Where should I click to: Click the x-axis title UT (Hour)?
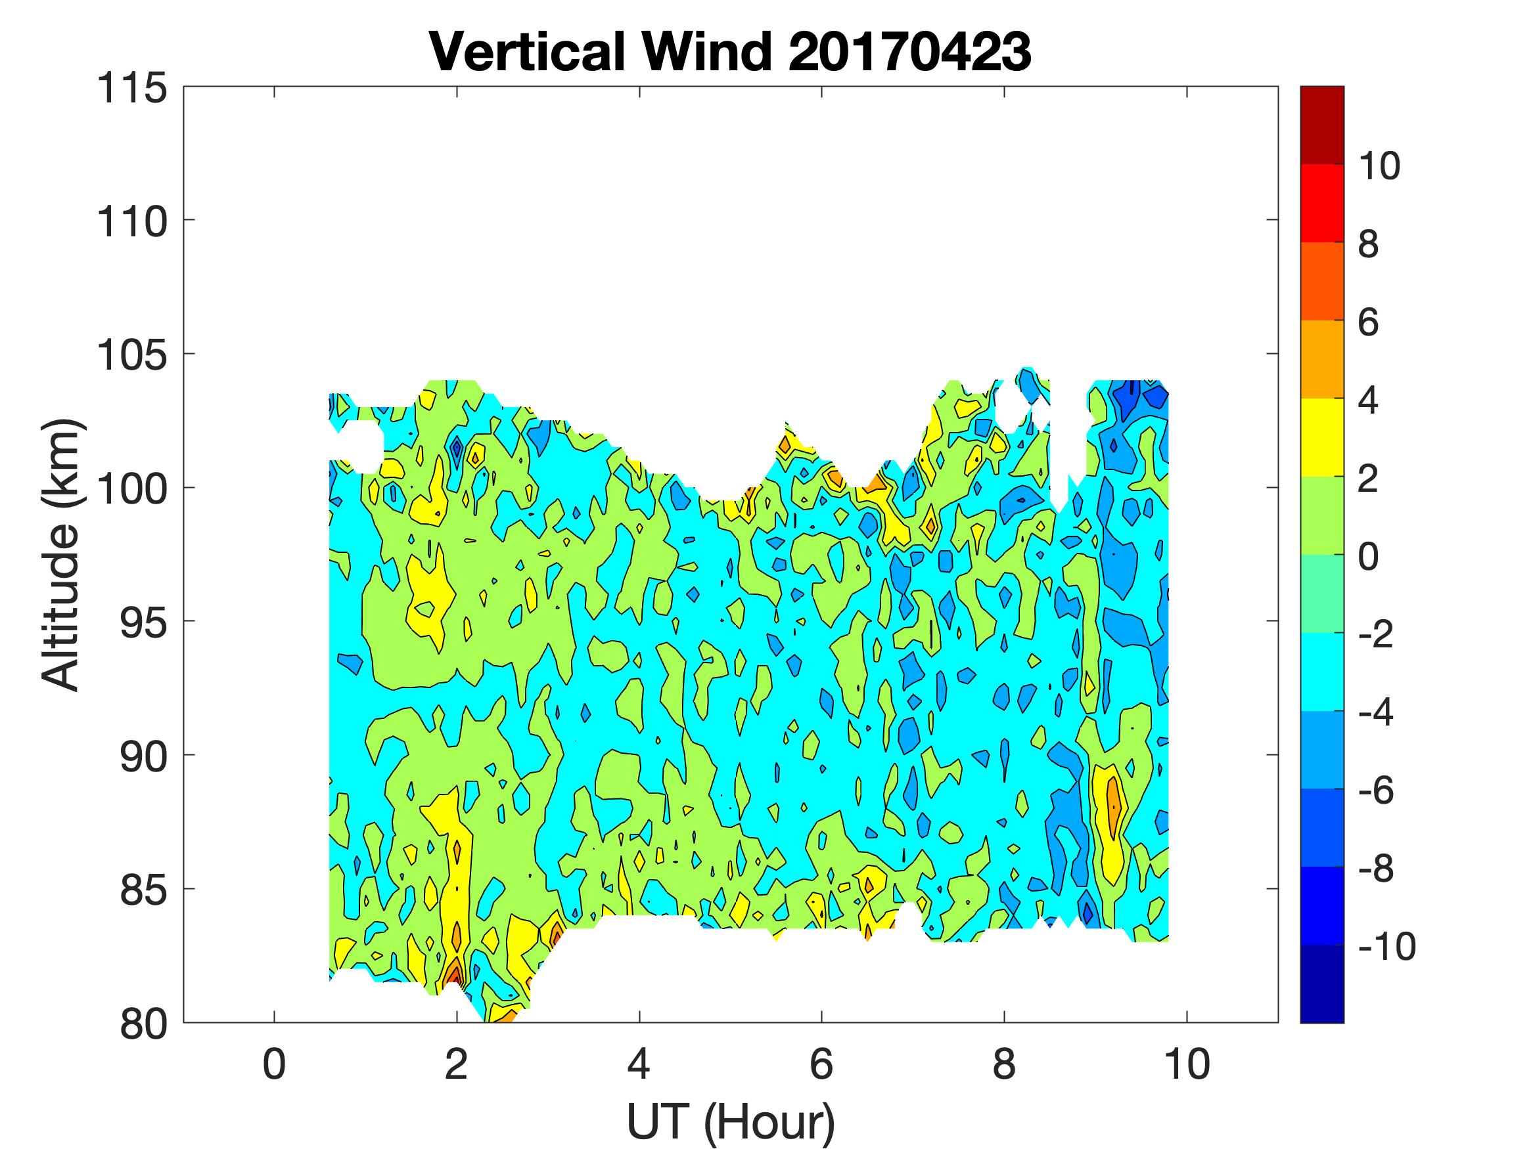731,1121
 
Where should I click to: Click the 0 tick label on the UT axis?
275,1064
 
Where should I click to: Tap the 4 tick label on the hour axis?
639,1064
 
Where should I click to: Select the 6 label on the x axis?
821,1064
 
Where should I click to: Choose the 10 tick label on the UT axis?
1187,1064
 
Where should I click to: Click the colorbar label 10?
1379,166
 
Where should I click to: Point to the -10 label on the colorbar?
1386,946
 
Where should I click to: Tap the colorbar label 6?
1368,323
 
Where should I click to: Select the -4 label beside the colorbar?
1377,712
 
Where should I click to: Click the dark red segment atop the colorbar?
1321,125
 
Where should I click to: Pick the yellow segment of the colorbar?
1321,438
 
